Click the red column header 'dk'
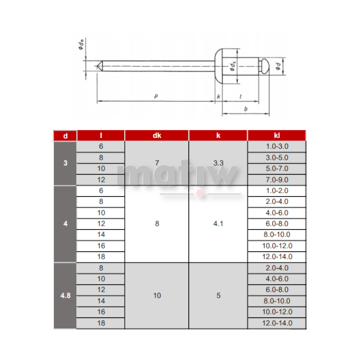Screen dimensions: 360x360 (x=157, y=136)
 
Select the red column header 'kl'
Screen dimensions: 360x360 (x=277, y=136)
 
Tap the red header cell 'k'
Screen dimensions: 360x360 (x=218, y=136)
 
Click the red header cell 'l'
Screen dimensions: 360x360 (x=101, y=136)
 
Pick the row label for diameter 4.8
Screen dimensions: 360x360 (x=65, y=295)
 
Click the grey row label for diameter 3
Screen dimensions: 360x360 (x=65, y=163)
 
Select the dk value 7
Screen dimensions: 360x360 (x=157, y=163)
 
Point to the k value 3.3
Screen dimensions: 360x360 (x=218, y=163)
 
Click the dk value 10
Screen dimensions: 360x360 (x=157, y=295)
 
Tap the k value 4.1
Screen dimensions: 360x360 (x=218, y=224)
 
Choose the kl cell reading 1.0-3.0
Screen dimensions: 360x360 (x=277, y=147)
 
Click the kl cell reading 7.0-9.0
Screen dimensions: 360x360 (x=277, y=180)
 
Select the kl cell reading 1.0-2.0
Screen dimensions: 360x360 (x=277, y=191)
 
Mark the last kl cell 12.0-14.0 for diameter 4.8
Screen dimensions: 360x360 (x=277, y=323)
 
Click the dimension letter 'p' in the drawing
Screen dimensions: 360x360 (x=156, y=96)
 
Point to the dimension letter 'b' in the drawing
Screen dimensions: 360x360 (x=246, y=109)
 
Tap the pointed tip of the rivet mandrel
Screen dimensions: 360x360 (x=98, y=66)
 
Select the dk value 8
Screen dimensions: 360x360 (x=157, y=224)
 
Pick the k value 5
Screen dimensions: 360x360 (x=218, y=295)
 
